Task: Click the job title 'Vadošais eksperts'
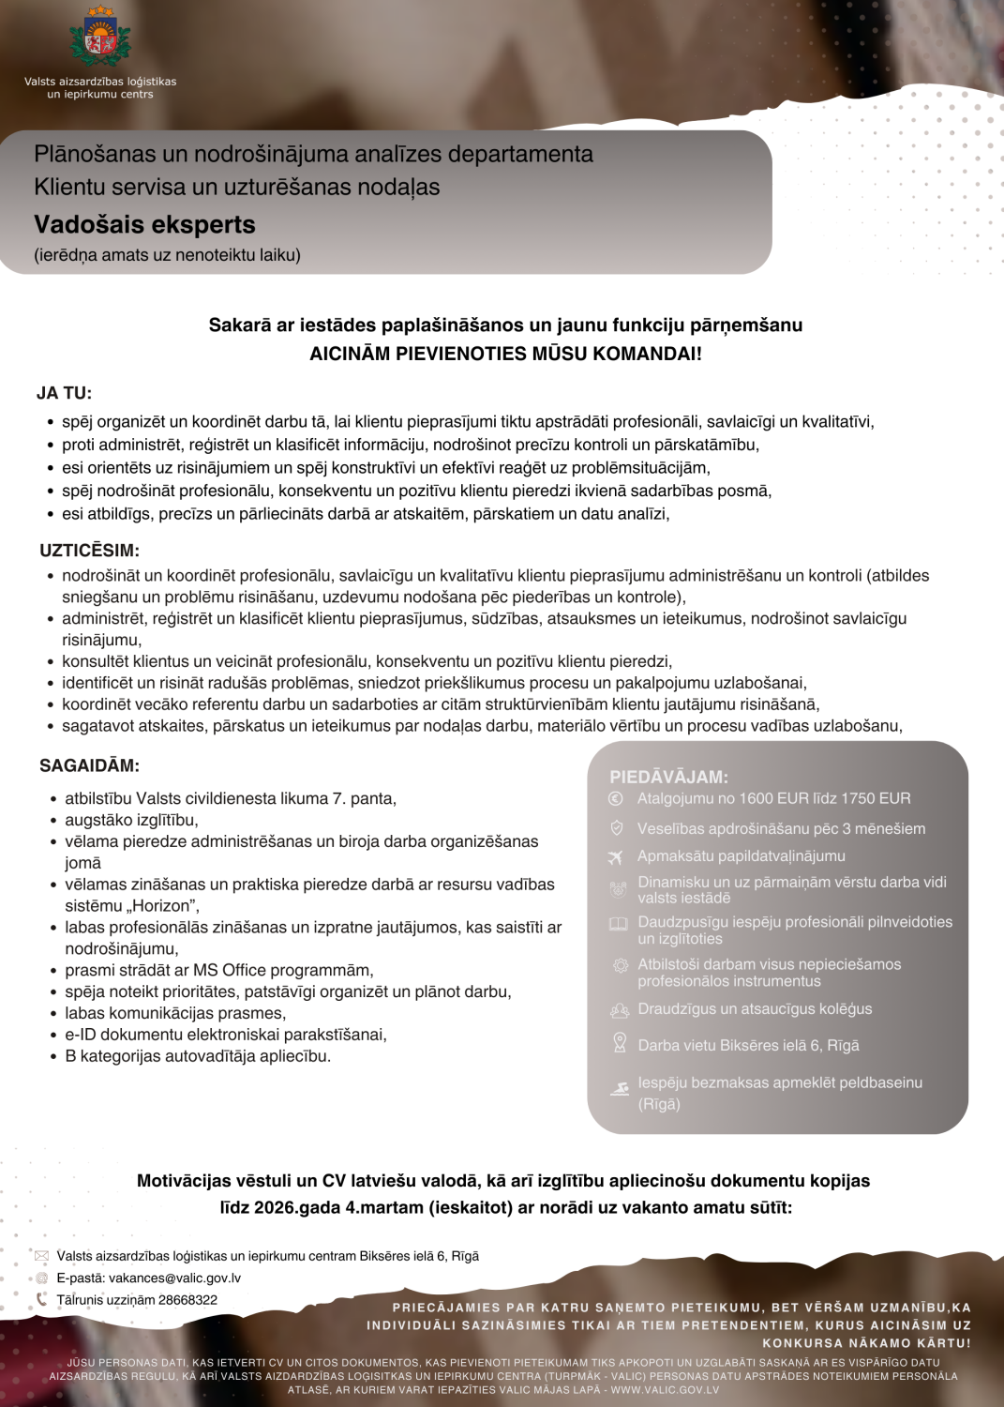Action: tap(144, 225)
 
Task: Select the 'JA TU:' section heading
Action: tap(64, 394)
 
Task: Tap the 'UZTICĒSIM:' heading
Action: tap(89, 551)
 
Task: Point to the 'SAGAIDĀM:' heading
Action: tap(89, 766)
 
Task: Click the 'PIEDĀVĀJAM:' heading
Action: tap(668, 777)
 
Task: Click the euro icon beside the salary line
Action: tap(616, 799)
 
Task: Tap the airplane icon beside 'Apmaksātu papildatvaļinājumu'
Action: tap(616, 857)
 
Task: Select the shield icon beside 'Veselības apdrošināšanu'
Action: tap(616, 828)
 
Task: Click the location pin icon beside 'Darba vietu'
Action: tap(619, 1042)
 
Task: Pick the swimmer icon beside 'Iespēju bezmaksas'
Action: tap(620, 1089)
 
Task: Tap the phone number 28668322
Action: tap(187, 1300)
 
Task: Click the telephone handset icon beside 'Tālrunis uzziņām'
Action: tap(41, 1300)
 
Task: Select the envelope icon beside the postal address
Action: tap(41, 1256)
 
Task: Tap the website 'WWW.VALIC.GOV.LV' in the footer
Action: tap(665, 1390)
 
